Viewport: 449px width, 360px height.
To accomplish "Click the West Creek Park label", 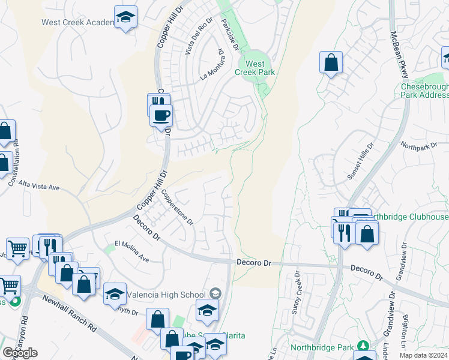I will [x=255, y=68].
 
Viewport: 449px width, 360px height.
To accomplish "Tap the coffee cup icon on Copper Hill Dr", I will [x=161, y=115].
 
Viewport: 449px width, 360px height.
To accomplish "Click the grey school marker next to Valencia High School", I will [x=215, y=293].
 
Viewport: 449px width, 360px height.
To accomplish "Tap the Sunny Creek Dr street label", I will [x=295, y=292].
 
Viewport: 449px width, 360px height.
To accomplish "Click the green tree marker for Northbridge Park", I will [x=363, y=346].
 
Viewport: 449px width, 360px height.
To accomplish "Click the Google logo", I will [x=20, y=353].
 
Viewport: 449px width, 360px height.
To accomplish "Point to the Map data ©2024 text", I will [x=423, y=355].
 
